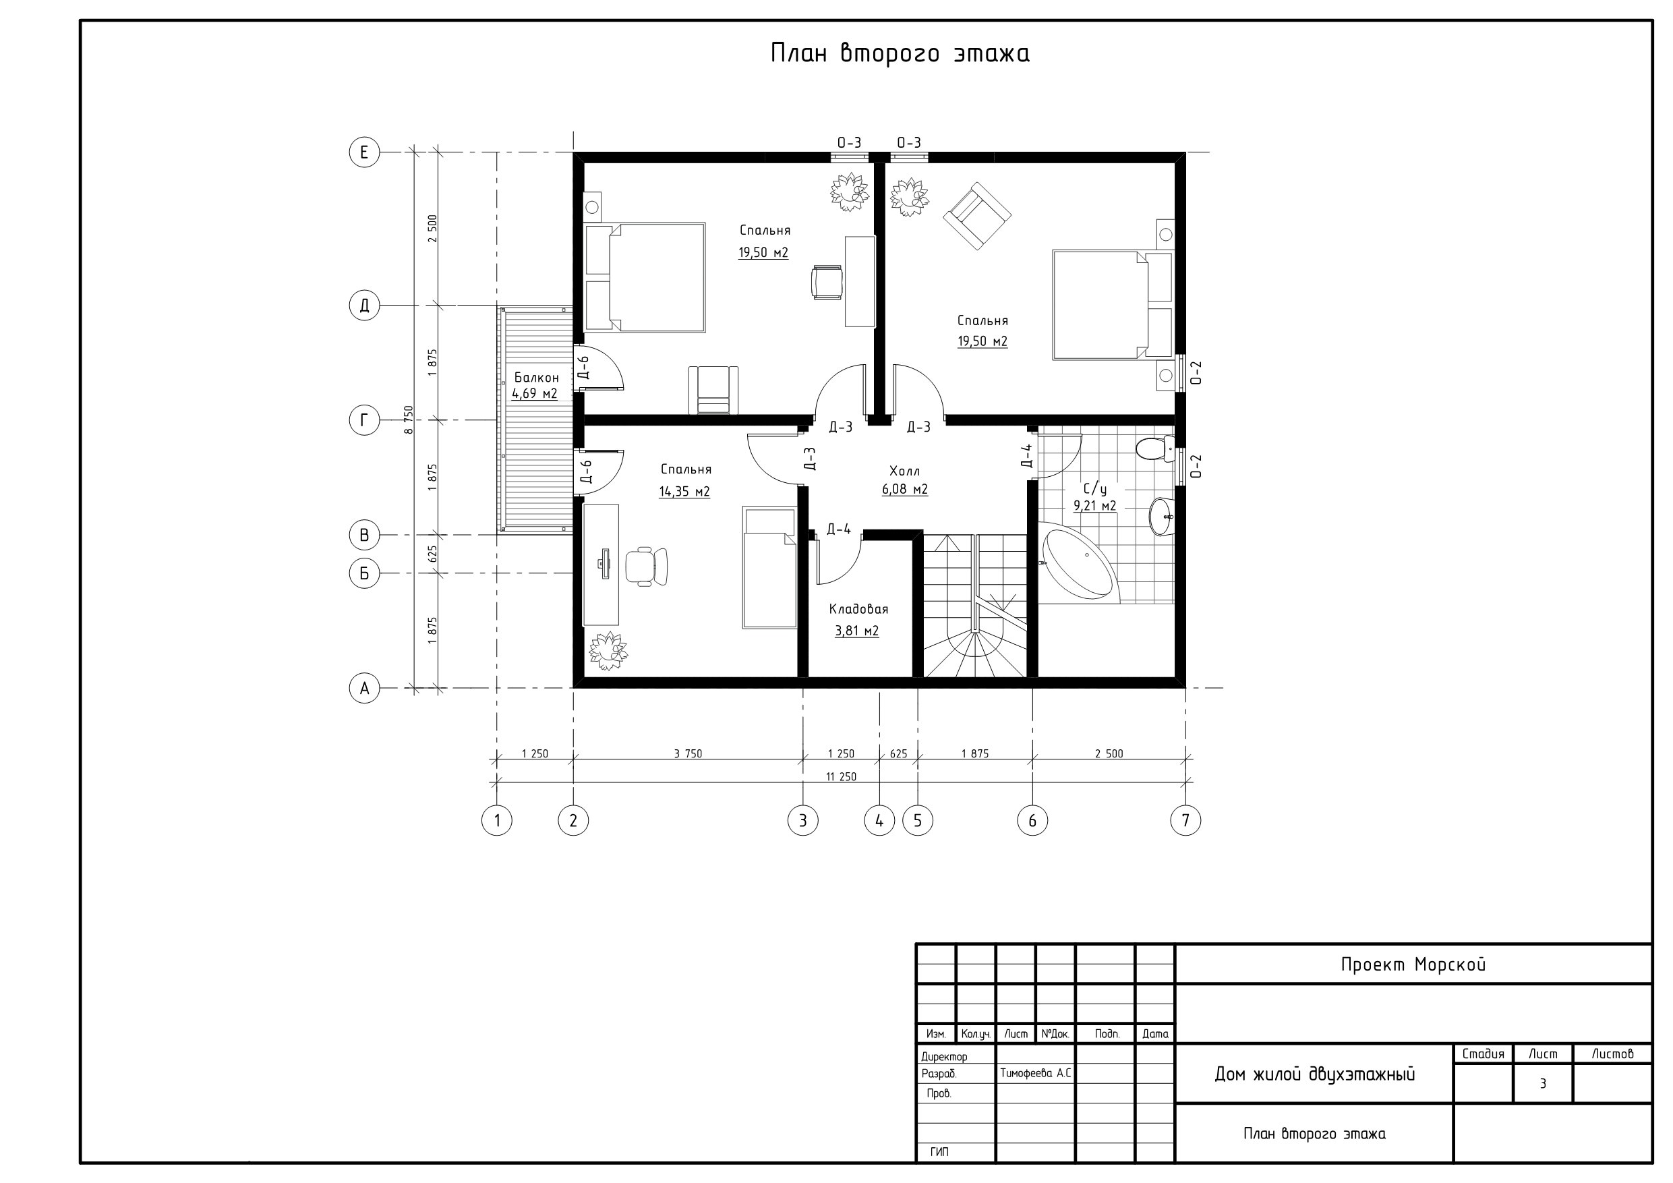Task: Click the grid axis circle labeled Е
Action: pos(364,152)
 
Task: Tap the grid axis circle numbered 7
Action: pos(1185,821)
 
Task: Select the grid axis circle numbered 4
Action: pos(879,821)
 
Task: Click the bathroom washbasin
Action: pos(1163,517)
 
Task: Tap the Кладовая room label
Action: pos(858,609)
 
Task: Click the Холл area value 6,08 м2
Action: pos(905,489)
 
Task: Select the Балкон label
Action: pos(536,378)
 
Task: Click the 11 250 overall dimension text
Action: pos(841,777)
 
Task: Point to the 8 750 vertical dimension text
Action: pos(409,420)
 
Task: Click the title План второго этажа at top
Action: pos(900,54)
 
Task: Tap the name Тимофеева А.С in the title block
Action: pos(1035,1074)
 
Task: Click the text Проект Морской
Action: pos(1413,965)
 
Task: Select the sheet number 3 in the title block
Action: pos(1543,1084)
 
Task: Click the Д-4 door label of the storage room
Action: pos(839,529)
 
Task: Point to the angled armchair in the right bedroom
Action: pos(977,217)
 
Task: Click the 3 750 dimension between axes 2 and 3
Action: pos(688,753)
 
